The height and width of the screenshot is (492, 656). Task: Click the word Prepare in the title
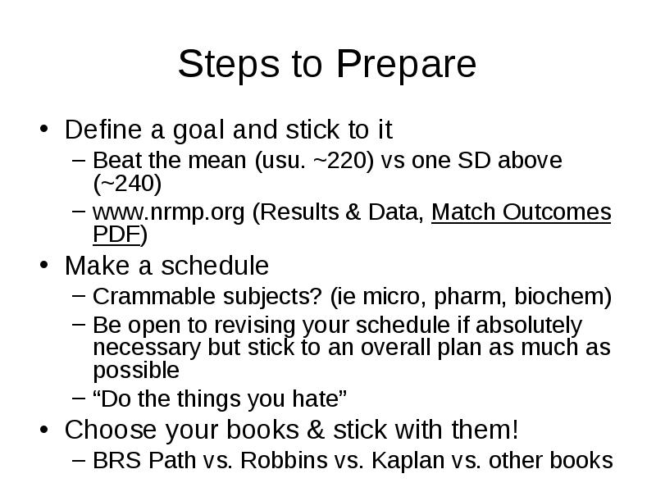tap(406, 64)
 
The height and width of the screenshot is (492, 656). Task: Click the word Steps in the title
tap(229, 64)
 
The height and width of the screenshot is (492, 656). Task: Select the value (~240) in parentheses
tap(127, 184)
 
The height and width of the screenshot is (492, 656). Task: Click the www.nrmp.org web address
tap(169, 213)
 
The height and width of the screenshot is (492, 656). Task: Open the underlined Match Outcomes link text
tap(522, 212)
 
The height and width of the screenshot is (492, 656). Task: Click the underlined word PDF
tap(116, 235)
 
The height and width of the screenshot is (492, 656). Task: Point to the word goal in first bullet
tap(198, 130)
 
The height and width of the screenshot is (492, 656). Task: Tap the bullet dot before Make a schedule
tap(44, 265)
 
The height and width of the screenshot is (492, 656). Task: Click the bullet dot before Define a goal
tap(44, 129)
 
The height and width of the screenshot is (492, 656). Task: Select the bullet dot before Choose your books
tap(44, 429)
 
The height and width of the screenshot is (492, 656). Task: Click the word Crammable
tap(154, 296)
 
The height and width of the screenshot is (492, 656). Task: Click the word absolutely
tap(529, 326)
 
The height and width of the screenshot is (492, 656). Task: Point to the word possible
tap(136, 371)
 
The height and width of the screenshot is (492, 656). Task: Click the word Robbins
tap(284, 460)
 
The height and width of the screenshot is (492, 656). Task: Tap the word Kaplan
tap(408, 461)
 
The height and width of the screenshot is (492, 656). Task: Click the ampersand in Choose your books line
tap(316, 430)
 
